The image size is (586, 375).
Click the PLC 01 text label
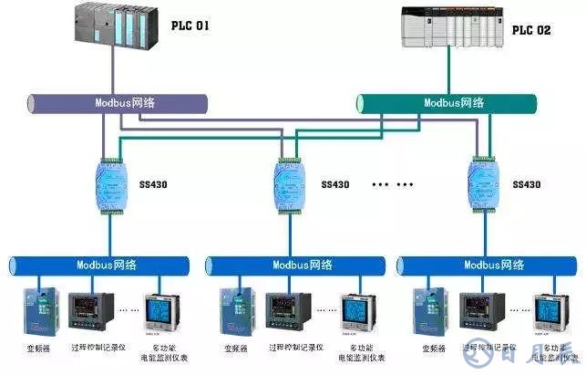(x=190, y=26)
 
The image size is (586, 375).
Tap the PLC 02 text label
(x=530, y=30)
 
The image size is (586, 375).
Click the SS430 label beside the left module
(x=154, y=184)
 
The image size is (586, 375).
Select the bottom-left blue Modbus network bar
(x=101, y=266)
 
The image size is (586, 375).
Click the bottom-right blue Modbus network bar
(x=487, y=266)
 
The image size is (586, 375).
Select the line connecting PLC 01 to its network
(x=112, y=69)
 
